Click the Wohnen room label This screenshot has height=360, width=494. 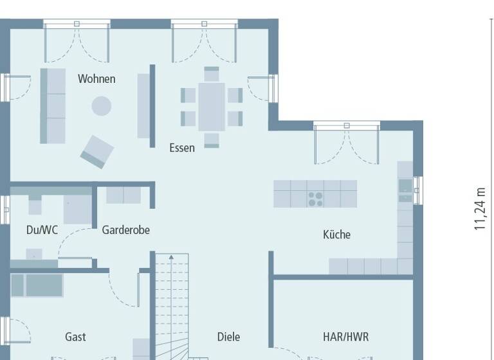point(96,79)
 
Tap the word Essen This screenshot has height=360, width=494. point(182,148)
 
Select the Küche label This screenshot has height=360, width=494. point(336,235)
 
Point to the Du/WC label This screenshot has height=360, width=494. point(42,230)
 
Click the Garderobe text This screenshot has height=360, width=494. point(125,230)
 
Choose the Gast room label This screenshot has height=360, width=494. point(75,336)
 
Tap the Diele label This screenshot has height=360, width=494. point(228,336)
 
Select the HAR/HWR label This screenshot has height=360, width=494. point(345,336)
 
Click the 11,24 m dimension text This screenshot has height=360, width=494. point(480,208)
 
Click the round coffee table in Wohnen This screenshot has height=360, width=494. point(101,106)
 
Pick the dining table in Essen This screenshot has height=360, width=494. point(212,107)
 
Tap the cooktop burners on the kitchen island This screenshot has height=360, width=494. point(315,199)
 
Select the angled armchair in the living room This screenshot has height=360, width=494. point(97,152)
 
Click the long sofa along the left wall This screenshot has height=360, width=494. point(53,105)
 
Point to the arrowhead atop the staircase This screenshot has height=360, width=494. point(172,258)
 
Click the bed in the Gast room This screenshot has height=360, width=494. point(37,285)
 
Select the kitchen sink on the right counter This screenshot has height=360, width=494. point(405,186)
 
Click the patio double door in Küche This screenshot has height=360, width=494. point(347,143)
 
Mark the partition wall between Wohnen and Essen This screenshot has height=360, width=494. point(152,105)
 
